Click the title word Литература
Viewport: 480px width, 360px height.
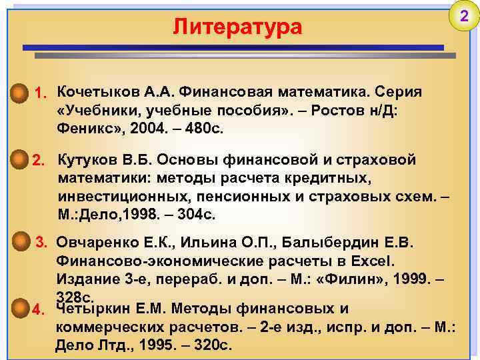237,27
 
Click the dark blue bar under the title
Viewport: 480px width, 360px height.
233,48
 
